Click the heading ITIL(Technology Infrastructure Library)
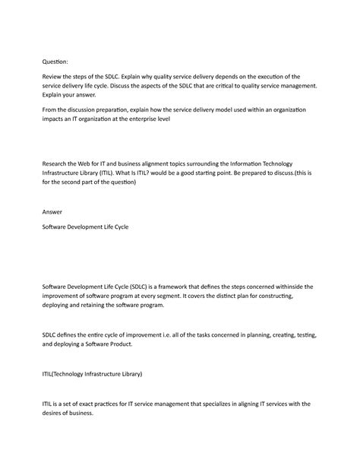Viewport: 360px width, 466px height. pos(93,374)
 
